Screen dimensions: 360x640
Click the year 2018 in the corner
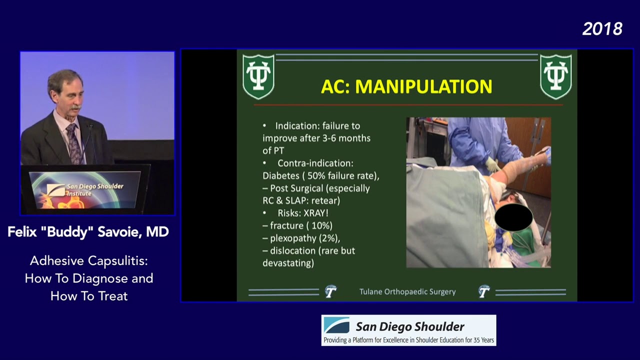[x=602, y=29]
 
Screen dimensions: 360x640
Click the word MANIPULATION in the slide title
[x=423, y=86]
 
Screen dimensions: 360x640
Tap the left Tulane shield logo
[x=258, y=76]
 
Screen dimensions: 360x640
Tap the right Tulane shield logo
[x=555, y=76]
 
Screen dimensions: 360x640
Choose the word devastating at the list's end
[x=288, y=263]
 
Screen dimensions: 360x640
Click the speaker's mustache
[x=75, y=107]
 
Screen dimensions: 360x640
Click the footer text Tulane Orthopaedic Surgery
[x=407, y=291]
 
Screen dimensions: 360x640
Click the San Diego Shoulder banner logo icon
[x=336, y=325]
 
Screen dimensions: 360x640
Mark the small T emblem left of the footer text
[x=330, y=291]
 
